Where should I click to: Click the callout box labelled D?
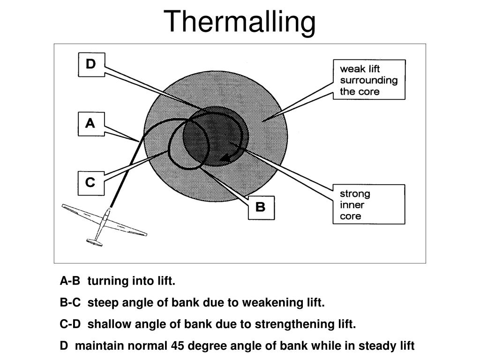click(91, 64)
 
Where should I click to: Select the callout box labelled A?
click(91, 124)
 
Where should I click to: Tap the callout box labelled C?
click(91, 183)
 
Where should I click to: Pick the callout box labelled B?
click(261, 207)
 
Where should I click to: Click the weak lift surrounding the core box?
click(368, 79)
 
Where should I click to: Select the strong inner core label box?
click(368, 204)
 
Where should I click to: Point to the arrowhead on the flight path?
click(225, 158)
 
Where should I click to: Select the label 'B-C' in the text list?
click(70, 303)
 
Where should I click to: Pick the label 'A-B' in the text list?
click(70, 281)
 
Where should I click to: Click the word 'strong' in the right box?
click(355, 194)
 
